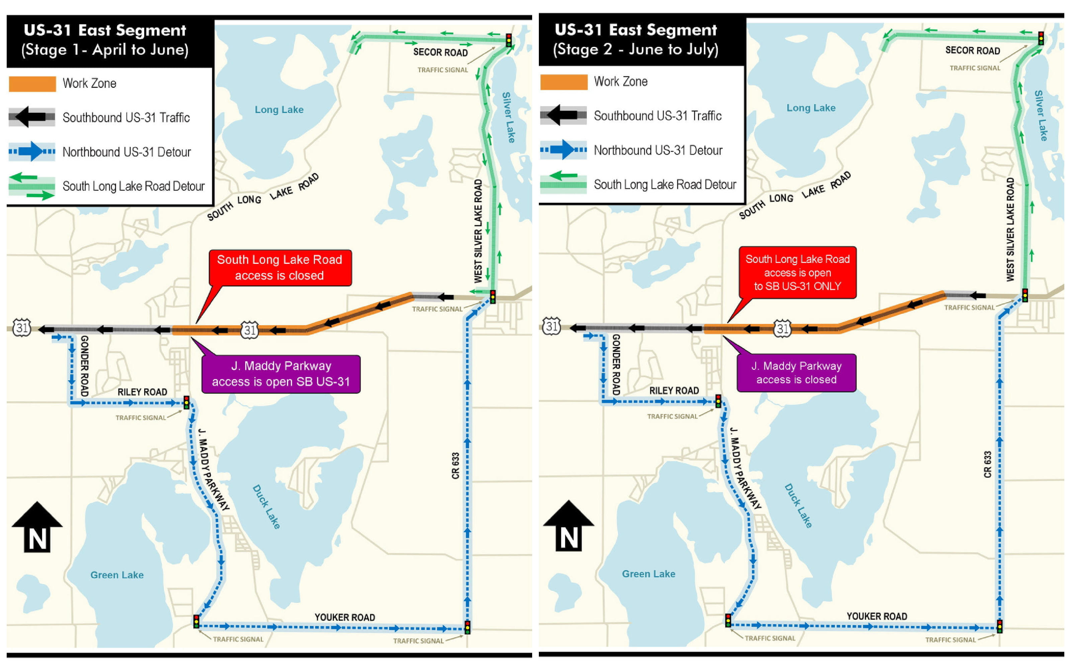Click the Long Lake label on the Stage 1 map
click(x=279, y=110)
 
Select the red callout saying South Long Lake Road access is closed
click(x=280, y=268)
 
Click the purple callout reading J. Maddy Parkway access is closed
click(x=796, y=373)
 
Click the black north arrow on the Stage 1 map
click(x=37, y=527)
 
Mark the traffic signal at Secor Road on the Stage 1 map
click(x=509, y=40)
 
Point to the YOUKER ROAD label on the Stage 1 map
click(x=345, y=617)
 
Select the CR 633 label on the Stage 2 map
click(x=987, y=464)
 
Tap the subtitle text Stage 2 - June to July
click(x=636, y=49)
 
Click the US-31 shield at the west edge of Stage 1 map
click(x=22, y=328)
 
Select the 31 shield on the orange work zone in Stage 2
click(x=782, y=328)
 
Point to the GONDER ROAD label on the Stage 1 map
click(x=84, y=366)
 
